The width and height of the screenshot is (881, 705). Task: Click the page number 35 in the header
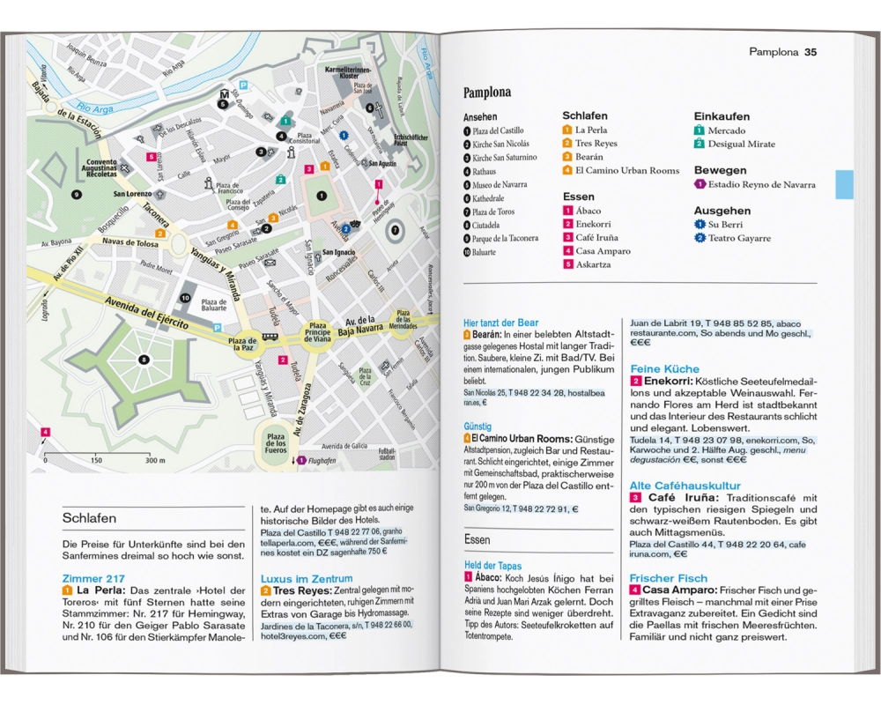click(x=811, y=52)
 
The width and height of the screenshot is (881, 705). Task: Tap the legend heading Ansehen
click(x=480, y=116)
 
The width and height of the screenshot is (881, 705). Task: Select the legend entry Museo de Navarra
click(x=500, y=185)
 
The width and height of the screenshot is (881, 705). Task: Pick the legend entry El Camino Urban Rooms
click(x=626, y=170)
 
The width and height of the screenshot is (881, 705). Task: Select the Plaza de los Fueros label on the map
click(x=276, y=443)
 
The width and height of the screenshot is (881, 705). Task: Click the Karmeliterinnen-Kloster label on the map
click(x=348, y=71)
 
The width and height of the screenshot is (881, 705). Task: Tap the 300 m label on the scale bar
click(x=155, y=460)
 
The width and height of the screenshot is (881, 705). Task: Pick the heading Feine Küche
click(x=664, y=368)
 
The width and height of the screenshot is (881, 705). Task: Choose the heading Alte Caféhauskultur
click(x=685, y=486)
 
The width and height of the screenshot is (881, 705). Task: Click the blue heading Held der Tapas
click(x=492, y=566)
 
